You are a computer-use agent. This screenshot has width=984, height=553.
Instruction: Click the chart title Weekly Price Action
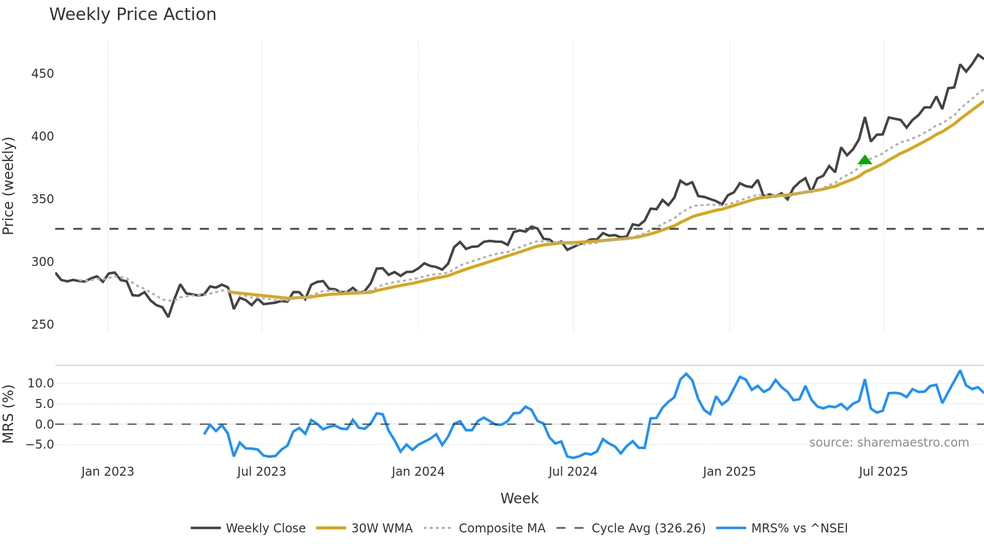pos(133,15)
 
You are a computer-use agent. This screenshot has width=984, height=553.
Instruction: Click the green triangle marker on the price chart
pos(865,160)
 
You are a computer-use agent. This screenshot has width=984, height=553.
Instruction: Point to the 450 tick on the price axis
pos(43,74)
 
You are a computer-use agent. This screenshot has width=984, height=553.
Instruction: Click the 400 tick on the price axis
pos(43,136)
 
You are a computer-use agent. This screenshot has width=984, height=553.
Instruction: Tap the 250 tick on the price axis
pos(43,325)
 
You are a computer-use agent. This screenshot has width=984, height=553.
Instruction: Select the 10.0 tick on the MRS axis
pos(41,383)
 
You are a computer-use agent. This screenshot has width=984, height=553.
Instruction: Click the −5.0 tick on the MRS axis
pos(40,445)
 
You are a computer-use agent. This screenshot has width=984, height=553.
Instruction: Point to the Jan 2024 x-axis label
pos(418,472)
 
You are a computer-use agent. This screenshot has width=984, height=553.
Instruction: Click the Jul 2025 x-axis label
pos(883,472)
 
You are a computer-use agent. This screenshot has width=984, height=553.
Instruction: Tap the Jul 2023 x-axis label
pos(261,472)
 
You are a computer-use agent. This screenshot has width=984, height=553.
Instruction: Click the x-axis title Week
pos(519,498)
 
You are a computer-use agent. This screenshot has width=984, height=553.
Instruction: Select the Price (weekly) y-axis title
pos(9,186)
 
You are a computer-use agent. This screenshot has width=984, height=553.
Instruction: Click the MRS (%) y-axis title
pos(9,414)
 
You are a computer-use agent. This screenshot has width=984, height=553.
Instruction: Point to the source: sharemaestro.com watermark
pos(889,443)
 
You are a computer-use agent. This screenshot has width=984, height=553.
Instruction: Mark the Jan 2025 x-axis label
pos(729,472)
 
